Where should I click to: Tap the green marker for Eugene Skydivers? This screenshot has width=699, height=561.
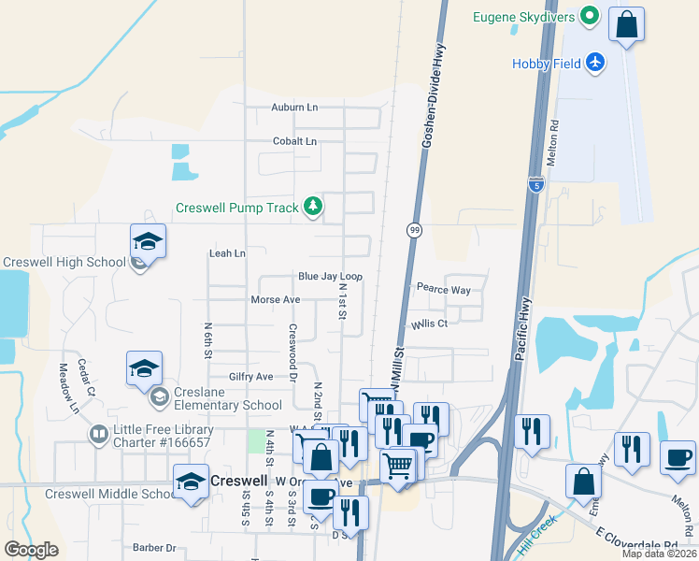(x=589, y=16)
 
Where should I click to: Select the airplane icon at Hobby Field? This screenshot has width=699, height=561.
(x=596, y=63)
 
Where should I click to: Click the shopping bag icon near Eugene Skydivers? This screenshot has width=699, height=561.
(x=626, y=24)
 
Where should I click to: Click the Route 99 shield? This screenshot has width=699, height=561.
(x=413, y=230)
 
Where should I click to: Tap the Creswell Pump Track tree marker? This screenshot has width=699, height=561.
(x=313, y=208)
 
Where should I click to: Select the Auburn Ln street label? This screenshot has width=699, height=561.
(x=294, y=108)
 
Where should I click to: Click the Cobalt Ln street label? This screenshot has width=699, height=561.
(x=294, y=141)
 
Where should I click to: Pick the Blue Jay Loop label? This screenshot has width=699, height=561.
(x=330, y=277)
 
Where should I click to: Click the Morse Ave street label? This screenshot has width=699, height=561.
(x=275, y=300)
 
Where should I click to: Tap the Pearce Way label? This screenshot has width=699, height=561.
(x=444, y=289)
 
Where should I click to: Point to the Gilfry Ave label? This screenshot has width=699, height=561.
(x=250, y=377)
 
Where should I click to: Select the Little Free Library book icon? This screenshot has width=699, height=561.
(x=98, y=435)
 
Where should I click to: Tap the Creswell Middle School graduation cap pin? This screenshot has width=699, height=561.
(x=191, y=482)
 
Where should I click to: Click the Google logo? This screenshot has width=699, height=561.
(x=31, y=550)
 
